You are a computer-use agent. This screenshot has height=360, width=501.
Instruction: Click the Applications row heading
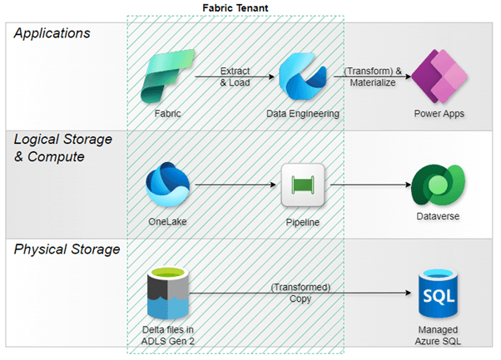pos(52,33)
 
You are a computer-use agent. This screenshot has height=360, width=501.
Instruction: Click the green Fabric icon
pos(166,76)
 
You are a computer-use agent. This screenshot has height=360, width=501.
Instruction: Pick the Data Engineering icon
pos(302,76)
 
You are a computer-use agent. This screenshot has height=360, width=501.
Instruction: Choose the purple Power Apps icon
pos(439,76)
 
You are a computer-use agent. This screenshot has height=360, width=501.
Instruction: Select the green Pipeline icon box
pos(302,185)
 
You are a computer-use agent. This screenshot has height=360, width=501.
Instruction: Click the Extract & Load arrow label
pos(235,76)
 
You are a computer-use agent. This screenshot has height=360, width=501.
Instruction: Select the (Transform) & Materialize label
pos(372,76)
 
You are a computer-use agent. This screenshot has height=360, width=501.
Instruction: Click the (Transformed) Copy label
pos(302,292)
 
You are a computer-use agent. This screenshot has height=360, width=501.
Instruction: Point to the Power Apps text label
pos(439,113)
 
